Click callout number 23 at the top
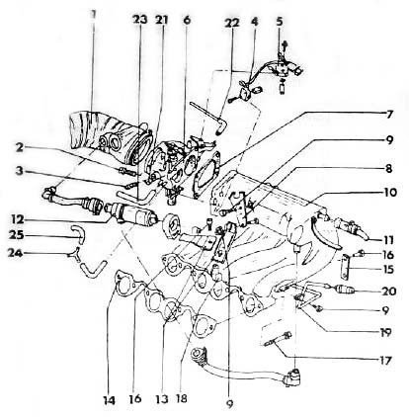(x=139, y=20)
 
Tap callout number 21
(x=161, y=20)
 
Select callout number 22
(x=233, y=23)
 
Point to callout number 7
(x=389, y=115)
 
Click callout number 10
(x=389, y=192)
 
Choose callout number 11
(x=388, y=240)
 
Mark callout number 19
(x=384, y=332)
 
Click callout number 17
(x=384, y=361)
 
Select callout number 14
(x=109, y=400)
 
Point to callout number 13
(x=162, y=398)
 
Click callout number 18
(x=181, y=398)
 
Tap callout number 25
(x=17, y=235)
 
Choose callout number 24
(x=17, y=254)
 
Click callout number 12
(x=16, y=219)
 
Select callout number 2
(x=21, y=148)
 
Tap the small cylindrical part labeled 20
(x=345, y=290)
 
